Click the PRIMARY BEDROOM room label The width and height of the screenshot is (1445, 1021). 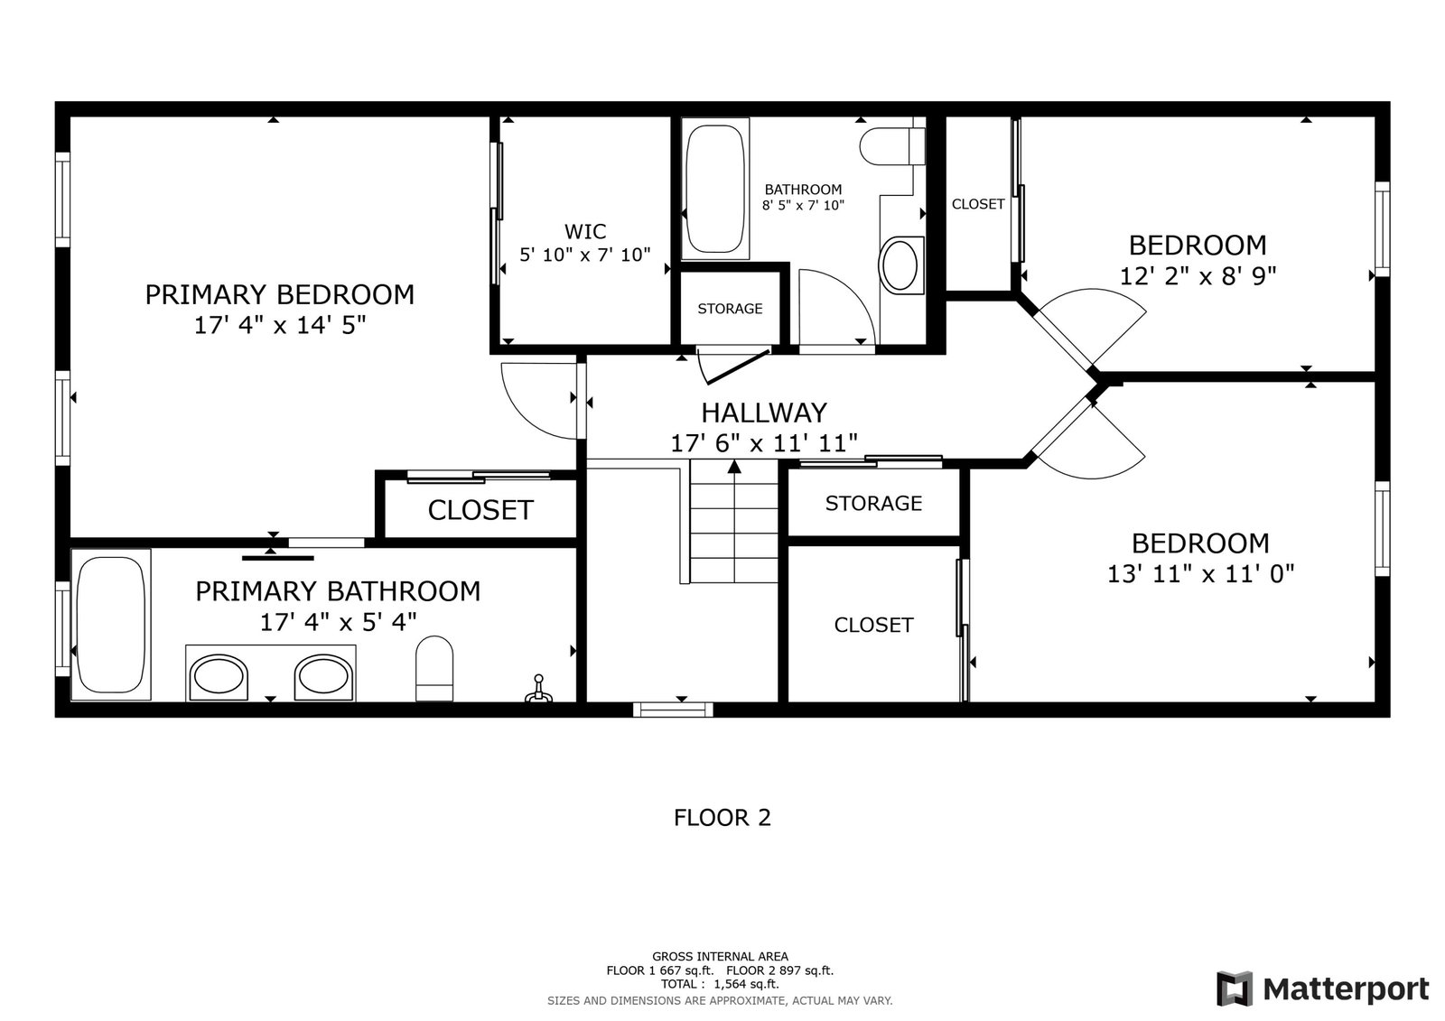point(279,295)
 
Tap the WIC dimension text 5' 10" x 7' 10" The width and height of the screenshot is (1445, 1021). point(585,255)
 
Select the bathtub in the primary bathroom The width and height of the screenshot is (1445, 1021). point(110,625)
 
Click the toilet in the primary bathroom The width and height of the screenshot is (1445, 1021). point(434,668)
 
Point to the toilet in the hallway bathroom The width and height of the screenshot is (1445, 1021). point(892,145)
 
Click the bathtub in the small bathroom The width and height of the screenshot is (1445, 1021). point(714,189)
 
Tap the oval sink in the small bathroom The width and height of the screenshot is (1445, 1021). point(900,265)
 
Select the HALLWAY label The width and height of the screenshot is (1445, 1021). point(764,413)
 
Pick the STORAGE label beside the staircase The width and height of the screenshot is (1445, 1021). point(873,503)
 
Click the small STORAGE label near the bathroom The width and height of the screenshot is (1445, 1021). point(730,309)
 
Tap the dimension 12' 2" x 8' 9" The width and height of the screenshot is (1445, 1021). point(1198,276)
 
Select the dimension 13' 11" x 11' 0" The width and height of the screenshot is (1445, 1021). point(1200,573)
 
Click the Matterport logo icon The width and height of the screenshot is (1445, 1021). point(1235,989)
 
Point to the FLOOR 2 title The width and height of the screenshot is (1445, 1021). point(722,818)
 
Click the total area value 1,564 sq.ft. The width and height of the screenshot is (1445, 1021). point(746,984)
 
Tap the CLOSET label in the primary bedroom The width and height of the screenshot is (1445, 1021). point(480,510)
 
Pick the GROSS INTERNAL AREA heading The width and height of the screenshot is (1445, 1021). point(720,957)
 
